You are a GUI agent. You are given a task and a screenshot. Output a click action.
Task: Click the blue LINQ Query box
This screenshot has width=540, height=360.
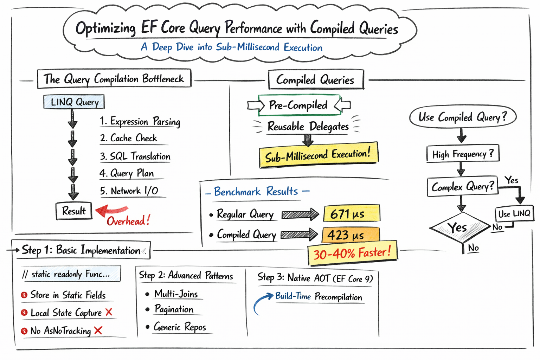coord(74,102)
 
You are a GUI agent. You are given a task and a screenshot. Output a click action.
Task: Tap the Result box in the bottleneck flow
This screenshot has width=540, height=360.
coord(74,211)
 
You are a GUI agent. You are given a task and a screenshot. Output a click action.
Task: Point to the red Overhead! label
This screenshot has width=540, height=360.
coord(128,221)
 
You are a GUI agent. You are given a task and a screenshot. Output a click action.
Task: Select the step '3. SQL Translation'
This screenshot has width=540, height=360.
coord(135,156)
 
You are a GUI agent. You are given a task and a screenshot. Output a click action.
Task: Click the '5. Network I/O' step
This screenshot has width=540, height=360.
coord(129,191)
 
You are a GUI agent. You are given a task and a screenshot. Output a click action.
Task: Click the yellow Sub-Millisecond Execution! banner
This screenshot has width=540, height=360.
coord(318,155)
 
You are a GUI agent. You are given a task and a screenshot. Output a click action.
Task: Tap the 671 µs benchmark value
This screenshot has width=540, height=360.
coord(351,214)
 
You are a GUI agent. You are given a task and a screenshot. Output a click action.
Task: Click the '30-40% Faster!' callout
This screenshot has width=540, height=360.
coord(352,253)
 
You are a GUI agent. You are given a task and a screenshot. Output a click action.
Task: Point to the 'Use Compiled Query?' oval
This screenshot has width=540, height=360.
coord(463,117)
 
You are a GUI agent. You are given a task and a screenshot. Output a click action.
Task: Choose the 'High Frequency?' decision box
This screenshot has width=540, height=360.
coord(463,154)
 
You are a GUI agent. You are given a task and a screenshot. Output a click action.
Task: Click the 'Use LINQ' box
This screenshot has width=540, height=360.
coord(514,214)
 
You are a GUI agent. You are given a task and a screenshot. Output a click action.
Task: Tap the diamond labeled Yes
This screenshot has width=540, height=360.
coord(459,227)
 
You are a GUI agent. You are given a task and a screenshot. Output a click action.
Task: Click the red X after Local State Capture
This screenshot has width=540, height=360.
coord(109,312)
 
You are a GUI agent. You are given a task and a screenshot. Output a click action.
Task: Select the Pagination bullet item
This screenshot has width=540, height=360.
coord(174,309)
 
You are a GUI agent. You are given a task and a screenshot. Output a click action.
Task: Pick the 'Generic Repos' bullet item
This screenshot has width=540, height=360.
coord(180,327)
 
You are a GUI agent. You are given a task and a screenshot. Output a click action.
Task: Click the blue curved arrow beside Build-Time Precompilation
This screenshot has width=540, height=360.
coord(262,302)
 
